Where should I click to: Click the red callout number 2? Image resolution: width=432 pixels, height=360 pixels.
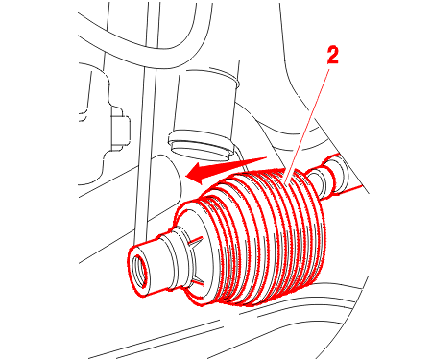coord(333,56)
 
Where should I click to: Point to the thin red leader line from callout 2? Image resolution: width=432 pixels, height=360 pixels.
coord(307,126)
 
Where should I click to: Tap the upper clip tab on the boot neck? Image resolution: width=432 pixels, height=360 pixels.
coord(194,243)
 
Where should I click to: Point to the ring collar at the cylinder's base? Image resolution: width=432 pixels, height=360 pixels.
coord(201,143)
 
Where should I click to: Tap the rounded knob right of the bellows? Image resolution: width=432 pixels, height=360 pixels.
coord(334,175)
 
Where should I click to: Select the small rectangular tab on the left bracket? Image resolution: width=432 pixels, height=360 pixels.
coord(121,129)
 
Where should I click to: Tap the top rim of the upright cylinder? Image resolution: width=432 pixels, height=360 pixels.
coord(208,77)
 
